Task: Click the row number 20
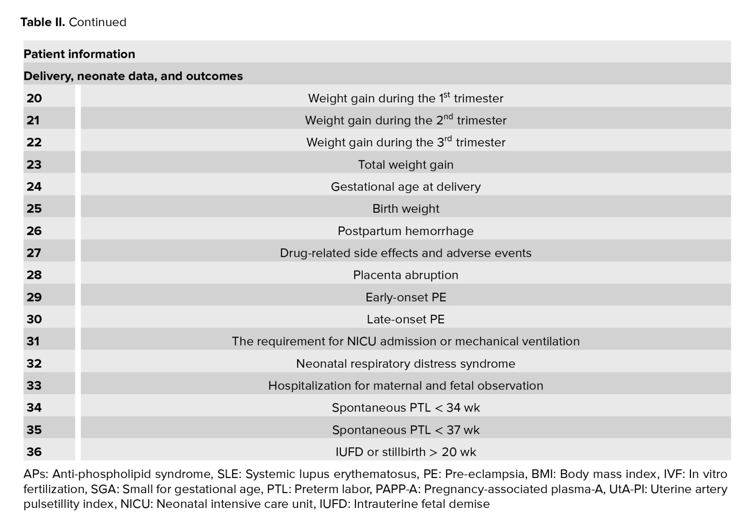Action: coord(34,98)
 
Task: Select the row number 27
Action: coord(34,253)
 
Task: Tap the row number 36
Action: coord(34,452)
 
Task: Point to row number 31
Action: coord(33,341)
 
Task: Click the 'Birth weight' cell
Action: coord(406,209)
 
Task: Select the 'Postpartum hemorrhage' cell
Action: coord(406,231)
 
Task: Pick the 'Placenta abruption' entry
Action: coord(406,275)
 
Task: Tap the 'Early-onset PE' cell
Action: coord(406,297)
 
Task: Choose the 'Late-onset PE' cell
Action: coord(406,319)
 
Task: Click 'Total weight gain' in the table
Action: coord(406,165)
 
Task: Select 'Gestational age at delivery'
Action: coord(406,187)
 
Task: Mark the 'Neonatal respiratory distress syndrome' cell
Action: coord(406,364)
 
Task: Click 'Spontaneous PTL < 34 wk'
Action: coord(406,408)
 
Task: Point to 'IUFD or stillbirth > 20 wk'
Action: coord(406,452)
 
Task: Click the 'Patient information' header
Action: coord(79,54)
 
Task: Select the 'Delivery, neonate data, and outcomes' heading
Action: coord(133,76)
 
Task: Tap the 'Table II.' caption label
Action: coord(43,22)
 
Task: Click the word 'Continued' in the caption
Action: coord(98,22)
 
